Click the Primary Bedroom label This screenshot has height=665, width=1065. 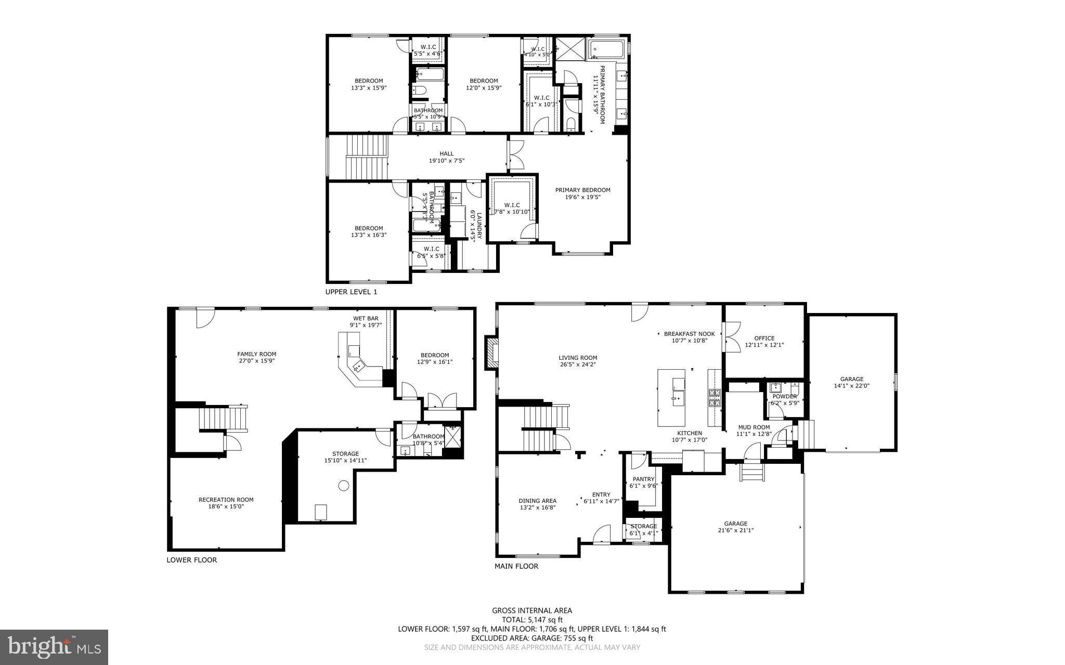(582, 190)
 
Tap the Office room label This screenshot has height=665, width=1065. (764, 338)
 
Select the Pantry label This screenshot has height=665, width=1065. (643, 479)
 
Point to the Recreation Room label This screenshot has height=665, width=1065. (226, 500)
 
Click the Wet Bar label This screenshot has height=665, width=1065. (366, 318)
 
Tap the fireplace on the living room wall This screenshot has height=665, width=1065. (491, 353)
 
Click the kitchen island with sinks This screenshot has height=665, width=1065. (671, 398)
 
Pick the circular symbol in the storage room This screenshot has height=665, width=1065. (343, 486)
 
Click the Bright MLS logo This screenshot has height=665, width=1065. (54, 646)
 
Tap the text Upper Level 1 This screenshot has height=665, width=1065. (351, 292)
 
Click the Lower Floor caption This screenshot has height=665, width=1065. (191, 560)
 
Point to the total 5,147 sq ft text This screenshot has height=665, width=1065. (532, 620)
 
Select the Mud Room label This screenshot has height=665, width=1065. (754, 427)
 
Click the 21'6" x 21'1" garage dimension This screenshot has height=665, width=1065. (736, 530)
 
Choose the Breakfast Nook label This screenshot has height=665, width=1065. (689, 334)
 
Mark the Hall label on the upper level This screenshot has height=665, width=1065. (446, 154)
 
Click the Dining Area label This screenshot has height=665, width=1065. (537, 501)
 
